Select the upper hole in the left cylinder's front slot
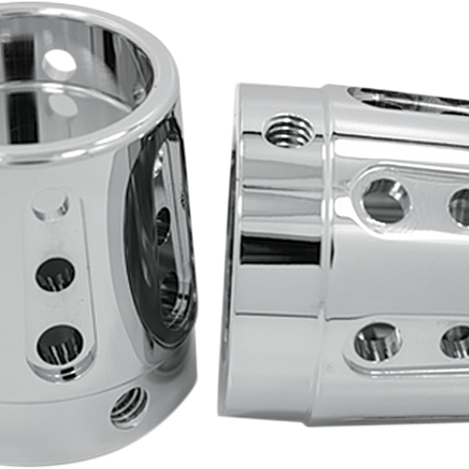pyautogui.click(x=56, y=274)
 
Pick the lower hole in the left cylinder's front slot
pyautogui.click(x=60, y=343)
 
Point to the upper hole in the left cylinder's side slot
pyautogui.click(x=162, y=224)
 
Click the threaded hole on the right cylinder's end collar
pyautogui.click(x=283, y=128)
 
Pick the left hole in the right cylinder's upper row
pyautogui.click(x=385, y=199)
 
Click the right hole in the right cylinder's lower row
pyautogui.click(x=456, y=341)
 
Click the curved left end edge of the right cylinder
pyautogui.click(x=227, y=244)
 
